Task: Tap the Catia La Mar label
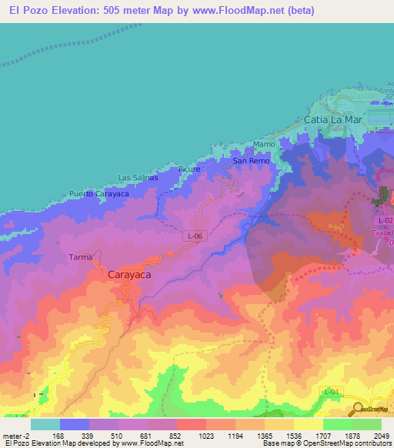coord(332,120)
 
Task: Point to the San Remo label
coord(251,162)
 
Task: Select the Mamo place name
coord(264,144)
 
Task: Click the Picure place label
coord(188,169)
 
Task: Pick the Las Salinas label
coord(138,178)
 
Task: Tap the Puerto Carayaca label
coord(98,194)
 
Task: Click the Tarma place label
coord(81,257)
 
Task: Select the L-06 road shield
coord(195,236)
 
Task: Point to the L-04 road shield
coord(331,392)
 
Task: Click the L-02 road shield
coord(386,220)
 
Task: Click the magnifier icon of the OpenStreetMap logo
coord(358,408)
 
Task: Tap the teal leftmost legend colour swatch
coord(45,424)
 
